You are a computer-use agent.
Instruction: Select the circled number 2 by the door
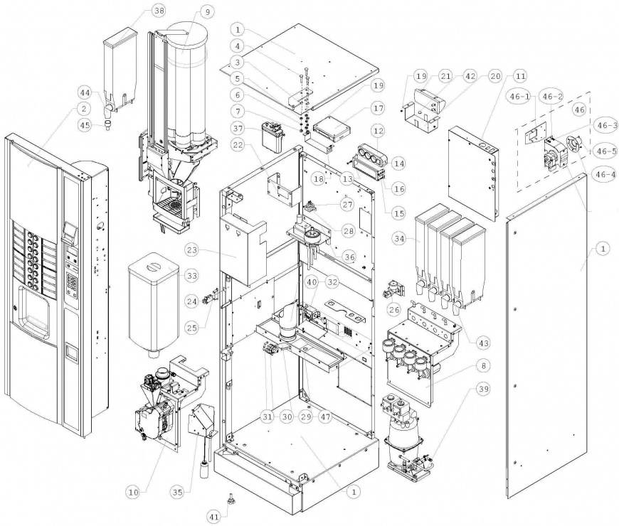[x=84, y=109]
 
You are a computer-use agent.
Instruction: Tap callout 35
[x=179, y=490]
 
